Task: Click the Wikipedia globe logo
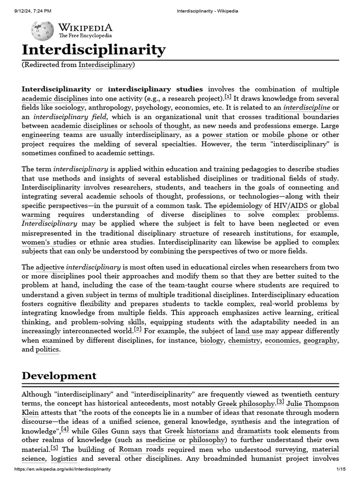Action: tap(42, 31)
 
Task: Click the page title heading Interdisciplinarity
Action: tap(94, 50)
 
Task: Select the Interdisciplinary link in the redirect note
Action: tap(105, 65)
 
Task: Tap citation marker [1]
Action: tap(228, 97)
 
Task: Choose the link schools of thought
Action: tap(159, 126)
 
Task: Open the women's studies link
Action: tap(49, 242)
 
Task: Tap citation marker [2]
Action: tap(137, 330)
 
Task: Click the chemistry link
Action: tap(244, 340)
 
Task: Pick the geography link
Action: tap(320, 340)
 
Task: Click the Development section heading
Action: tap(59, 376)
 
